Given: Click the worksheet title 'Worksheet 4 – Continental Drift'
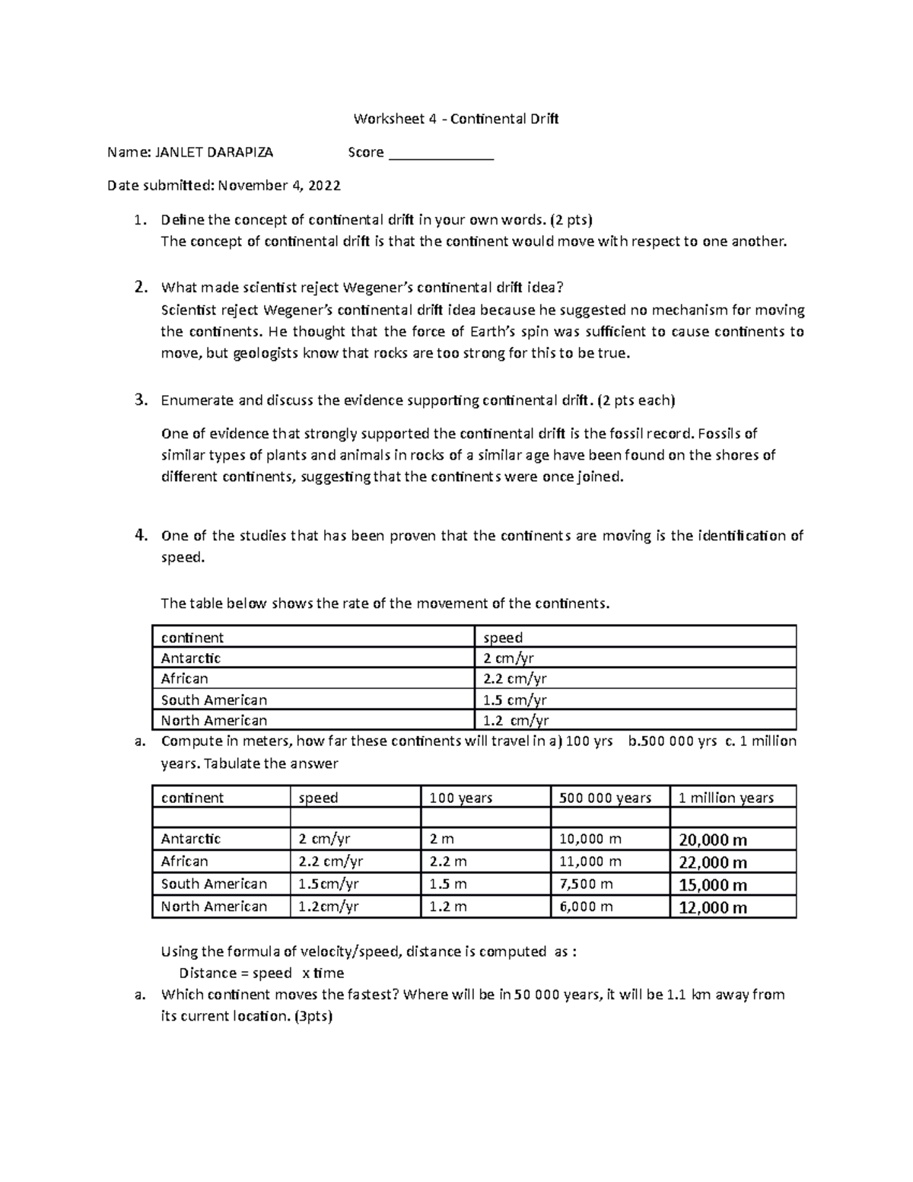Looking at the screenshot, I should tap(456, 119).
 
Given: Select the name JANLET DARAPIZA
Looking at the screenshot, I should tap(214, 152).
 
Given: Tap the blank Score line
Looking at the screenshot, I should tap(441, 154).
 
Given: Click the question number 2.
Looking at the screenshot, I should tap(139, 288).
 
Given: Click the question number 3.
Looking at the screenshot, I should tap(139, 400).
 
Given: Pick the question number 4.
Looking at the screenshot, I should tap(139, 535).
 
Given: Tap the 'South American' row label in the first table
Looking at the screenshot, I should tap(214, 700).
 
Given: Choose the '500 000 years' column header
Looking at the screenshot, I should tap(605, 798).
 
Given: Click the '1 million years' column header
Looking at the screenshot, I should tap(726, 798).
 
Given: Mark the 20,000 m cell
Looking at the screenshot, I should tap(713, 840).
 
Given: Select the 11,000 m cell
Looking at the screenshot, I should tap(590, 862).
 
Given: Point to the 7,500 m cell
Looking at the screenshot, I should tap(586, 884).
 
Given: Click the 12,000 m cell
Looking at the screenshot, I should tap(713, 907).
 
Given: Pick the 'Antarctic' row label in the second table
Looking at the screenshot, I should tap(191, 839).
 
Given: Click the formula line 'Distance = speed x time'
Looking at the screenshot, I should tap(261, 973).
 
